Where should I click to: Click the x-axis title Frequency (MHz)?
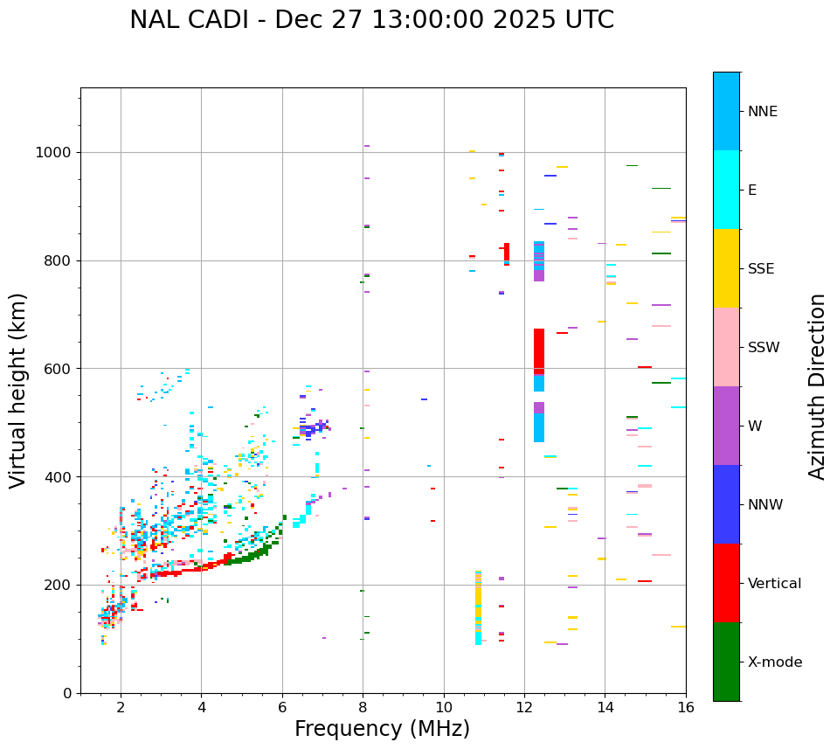(382, 729)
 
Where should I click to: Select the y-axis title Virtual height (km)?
(18, 390)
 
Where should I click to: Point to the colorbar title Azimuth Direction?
(817, 386)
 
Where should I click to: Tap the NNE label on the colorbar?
(762, 112)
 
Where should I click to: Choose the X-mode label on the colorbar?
(775, 662)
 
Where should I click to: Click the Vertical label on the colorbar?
(774, 584)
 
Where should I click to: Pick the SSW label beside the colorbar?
(764, 348)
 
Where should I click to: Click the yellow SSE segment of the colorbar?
(726, 268)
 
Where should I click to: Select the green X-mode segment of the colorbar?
(726, 662)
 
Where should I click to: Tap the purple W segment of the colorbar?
(726, 426)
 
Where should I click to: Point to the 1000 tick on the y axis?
(54, 153)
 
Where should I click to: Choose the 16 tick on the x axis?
(686, 707)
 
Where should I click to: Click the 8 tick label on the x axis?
(363, 707)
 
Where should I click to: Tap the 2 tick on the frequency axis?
(121, 707)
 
